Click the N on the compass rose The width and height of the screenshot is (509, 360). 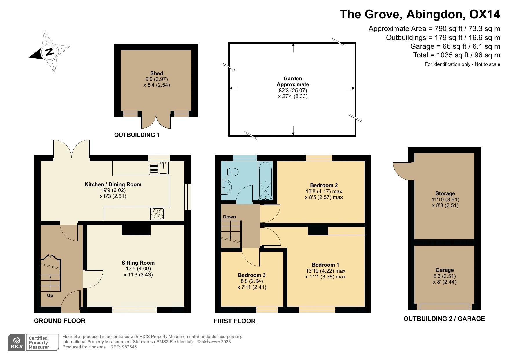49,52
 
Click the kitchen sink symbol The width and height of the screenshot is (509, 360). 159,168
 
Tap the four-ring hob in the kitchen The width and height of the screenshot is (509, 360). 157,214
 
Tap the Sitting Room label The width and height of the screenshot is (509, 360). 138,263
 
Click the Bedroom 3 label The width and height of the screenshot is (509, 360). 252,275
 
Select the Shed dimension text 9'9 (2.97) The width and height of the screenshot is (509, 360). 157,79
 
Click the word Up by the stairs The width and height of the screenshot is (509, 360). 50,296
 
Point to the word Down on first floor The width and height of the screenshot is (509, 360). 229,217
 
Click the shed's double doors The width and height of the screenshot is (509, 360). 156,121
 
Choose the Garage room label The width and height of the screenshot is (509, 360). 445,270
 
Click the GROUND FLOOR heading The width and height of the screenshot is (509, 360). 59,321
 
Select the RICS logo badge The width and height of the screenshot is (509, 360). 17,343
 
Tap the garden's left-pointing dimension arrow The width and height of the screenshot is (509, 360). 234,88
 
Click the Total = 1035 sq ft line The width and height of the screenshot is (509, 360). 457,55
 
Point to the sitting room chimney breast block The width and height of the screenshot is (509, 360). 136,230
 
